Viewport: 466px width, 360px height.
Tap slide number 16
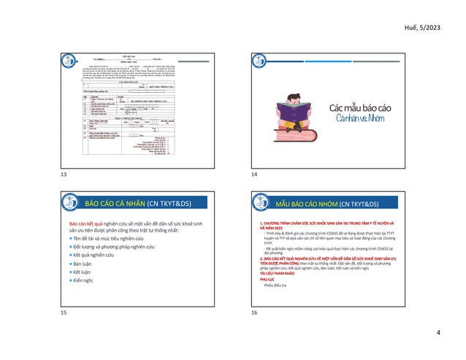(x=253, y=313)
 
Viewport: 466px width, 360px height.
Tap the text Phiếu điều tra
(x=274, y=286)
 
